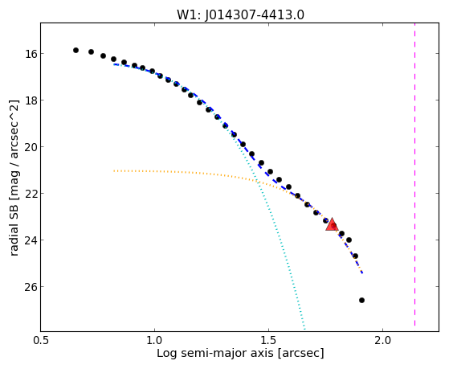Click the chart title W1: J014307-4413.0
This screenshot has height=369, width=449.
click(240, 15)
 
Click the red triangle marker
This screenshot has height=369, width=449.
click(333, 224)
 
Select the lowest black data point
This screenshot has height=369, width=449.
click(361, 300)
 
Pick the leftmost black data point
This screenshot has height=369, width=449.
click(76, 50)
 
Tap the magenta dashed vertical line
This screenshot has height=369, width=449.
click(414, 175)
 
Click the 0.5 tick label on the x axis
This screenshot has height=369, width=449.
click(40, 340)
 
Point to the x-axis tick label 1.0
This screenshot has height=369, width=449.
click(155, 340)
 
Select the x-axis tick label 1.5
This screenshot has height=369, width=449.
click(268, 340)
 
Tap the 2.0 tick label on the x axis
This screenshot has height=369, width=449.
click(383, 340)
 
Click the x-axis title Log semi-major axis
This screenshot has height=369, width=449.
click(215, 353)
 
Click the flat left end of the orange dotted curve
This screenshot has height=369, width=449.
click(114, 171)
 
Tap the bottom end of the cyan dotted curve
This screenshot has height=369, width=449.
click(304, 329)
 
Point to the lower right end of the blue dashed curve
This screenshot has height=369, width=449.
click(362, 273)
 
